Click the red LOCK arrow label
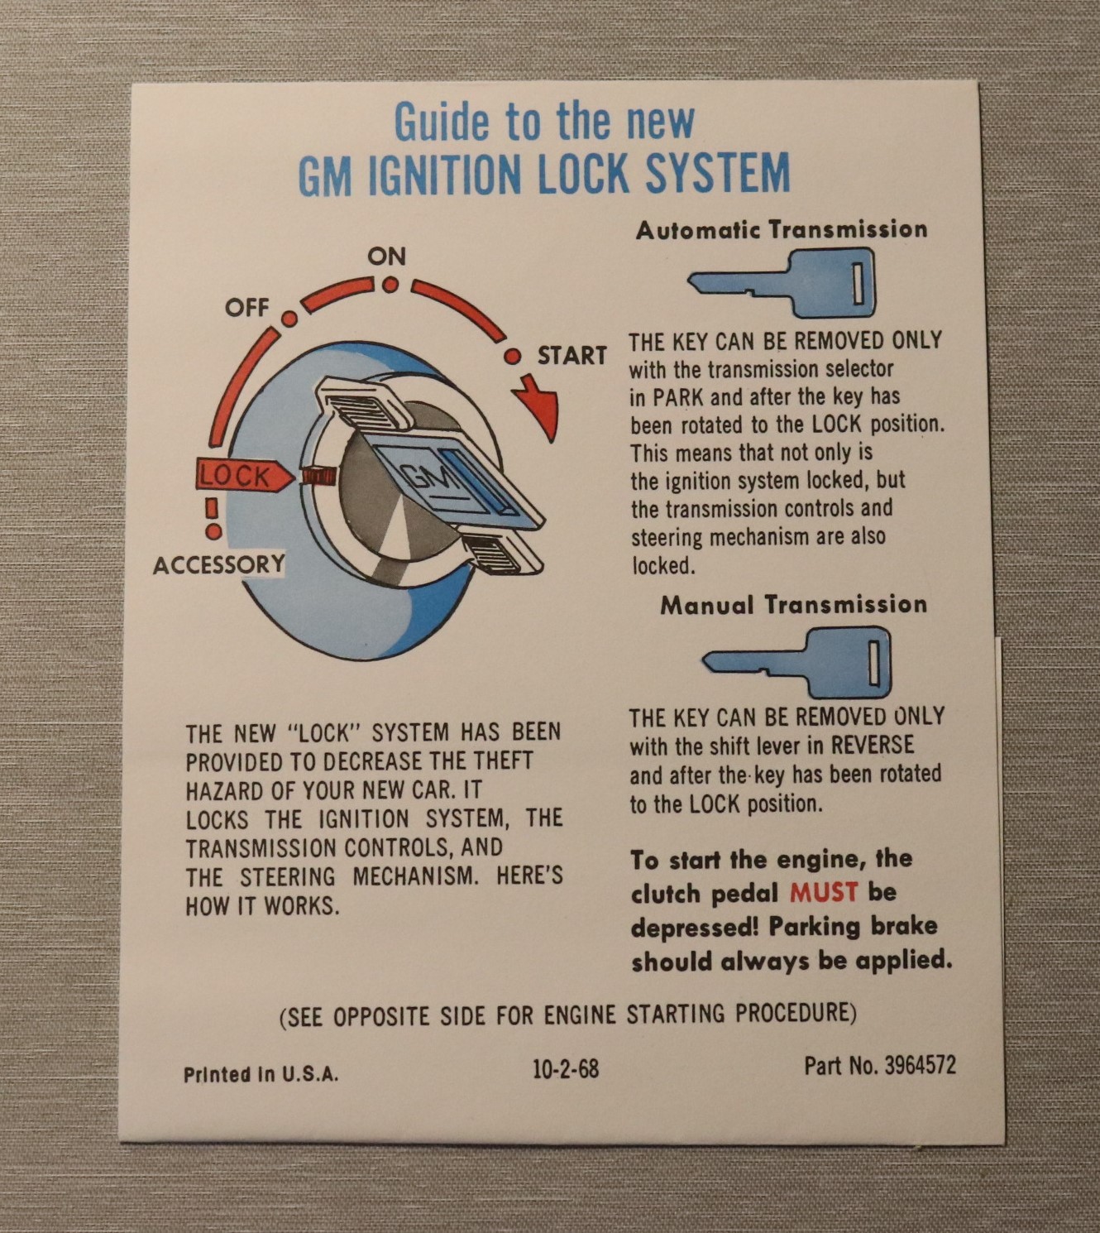(243, 475)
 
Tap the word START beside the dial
(572, 355)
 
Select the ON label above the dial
(386, 257)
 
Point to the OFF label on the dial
(246, 307)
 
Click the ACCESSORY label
(218, 564)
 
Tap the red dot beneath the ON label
(391, 285)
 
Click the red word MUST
(824, 893)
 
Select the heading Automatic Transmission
(782, 229)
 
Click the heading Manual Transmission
(794, 604)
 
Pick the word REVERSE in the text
(872, 745)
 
